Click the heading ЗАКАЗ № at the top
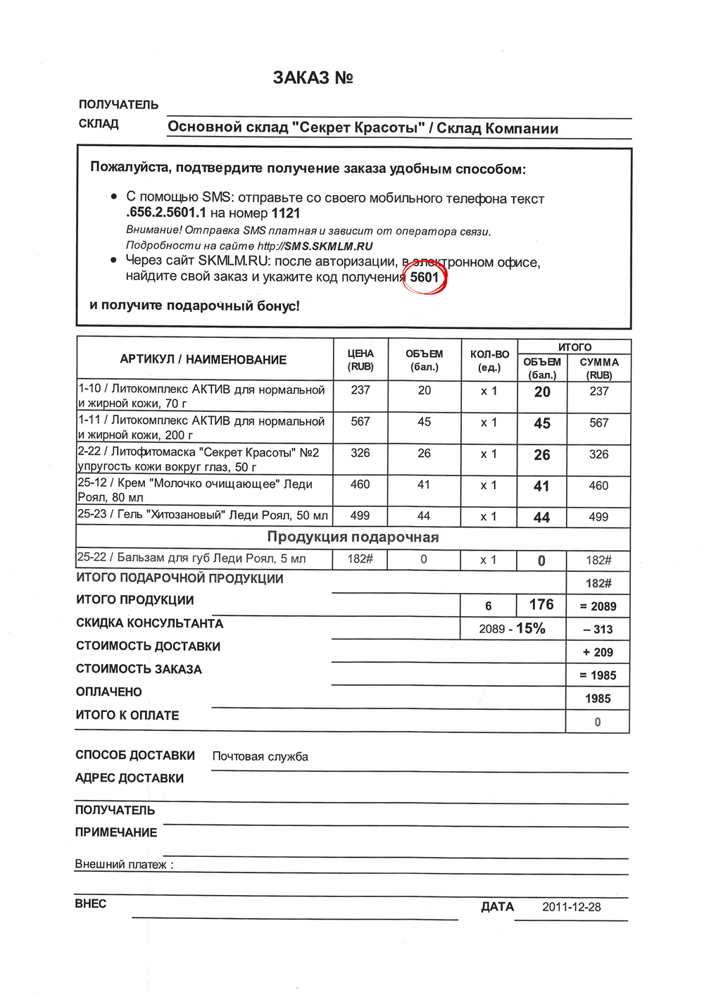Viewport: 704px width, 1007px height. (313, 78)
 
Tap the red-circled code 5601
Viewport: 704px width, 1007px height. (425, 277)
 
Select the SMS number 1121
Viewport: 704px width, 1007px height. (286, 213)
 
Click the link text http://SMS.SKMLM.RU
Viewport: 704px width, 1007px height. (315, 246)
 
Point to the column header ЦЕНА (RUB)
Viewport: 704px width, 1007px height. (360, 360)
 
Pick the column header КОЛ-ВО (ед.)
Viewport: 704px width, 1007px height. (489, 360)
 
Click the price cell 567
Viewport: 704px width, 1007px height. (360, 421)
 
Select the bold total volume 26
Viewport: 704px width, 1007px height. (542, 455)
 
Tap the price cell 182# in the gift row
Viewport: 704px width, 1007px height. (360, 559)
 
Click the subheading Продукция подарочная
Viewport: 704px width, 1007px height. (353, 537)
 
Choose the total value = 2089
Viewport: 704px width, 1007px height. (598, 606)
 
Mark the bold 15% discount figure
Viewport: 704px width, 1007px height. (531, 628)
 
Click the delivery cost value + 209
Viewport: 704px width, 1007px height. (598, 652)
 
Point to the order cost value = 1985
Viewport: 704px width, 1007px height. (598, 675)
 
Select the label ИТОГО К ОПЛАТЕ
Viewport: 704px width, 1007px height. (127, 715)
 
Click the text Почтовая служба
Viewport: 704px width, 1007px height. (260, 756)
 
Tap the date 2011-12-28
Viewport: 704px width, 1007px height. (572, 907)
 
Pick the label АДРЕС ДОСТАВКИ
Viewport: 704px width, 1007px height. (130, 778)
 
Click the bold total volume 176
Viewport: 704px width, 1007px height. (541, 605)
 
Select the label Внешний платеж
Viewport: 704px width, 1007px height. (123, 864)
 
